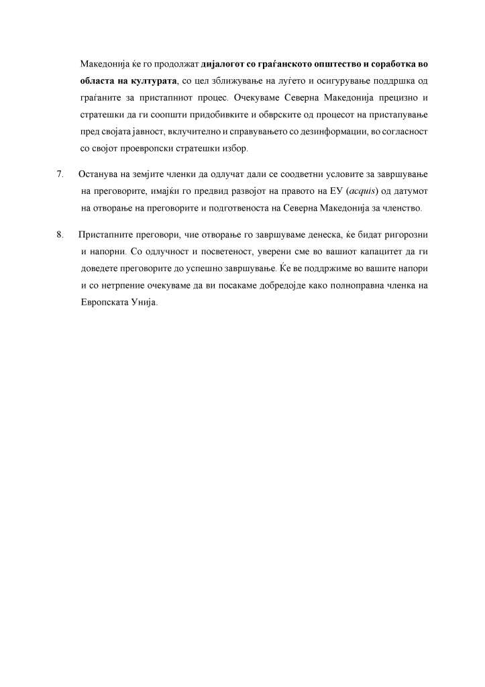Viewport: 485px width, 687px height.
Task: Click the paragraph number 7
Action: pyautogui.click(x=60, y=175)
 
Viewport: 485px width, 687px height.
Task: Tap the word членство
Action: pyautogui.click(x=402, y=209)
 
